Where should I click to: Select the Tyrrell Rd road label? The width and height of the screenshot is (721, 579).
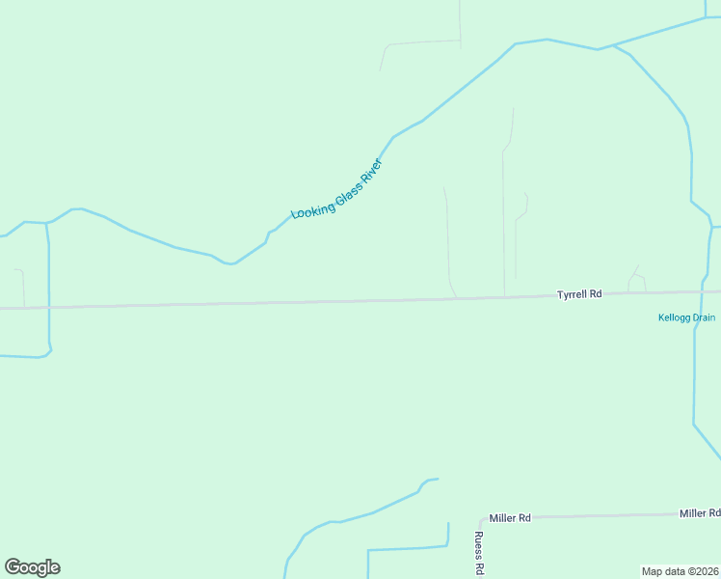[x=579, y=293]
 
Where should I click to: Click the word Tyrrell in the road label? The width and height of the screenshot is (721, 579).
[x=573, y=293]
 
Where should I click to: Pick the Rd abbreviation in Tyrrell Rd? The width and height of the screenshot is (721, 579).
[x=596, y=293]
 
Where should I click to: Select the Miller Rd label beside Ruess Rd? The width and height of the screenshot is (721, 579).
[x=510, y=518]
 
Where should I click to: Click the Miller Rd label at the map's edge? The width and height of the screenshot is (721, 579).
[x=699, y=513]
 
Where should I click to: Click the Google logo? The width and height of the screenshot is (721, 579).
[x=32, y=567]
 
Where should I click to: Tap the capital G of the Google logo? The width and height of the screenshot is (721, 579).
[x=13, y=567]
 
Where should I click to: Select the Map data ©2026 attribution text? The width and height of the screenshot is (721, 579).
[x=680, y=571]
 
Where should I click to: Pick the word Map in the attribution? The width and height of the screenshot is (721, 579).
[x=652, y=571]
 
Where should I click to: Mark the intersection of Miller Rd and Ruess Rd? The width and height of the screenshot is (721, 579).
[x=480, y=518]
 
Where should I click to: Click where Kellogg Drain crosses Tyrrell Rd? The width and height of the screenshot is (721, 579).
[x=702, y=291]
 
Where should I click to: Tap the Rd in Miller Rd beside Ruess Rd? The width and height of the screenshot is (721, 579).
[x=525, y=518]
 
